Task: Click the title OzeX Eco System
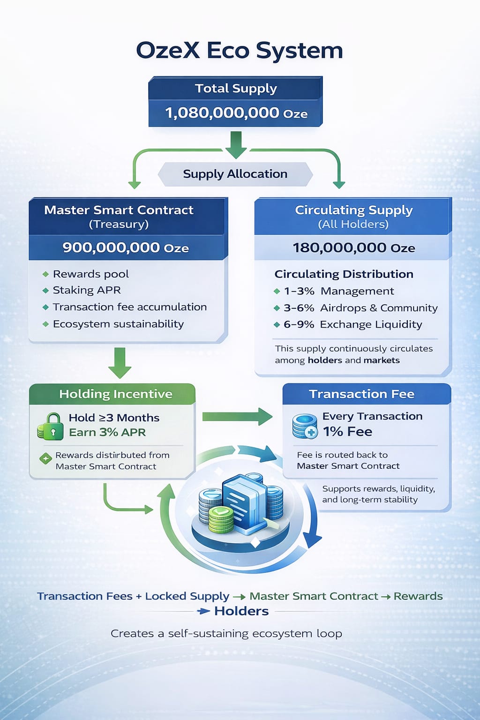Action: point(240,51)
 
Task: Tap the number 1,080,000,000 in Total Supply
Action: point(222,113)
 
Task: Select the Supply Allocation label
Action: point(235,174)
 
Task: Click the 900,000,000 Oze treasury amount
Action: point(126,247)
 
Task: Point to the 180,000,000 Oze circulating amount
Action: point(354,247)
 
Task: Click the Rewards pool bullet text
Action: point(90,274)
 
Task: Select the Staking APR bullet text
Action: point(87,290)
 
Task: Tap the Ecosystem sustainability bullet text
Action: point(118,324)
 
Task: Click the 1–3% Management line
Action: point(338,291)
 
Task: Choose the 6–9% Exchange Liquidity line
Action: point(352,324)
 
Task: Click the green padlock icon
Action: point(51,426)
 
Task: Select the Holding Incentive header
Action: point(115,394)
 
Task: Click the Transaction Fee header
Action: point(361,394)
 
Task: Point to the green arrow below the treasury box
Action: point(120,362)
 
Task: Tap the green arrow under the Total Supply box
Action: point(236,144)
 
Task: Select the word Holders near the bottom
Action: point(241,611)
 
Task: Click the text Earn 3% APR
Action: point(107,432)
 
